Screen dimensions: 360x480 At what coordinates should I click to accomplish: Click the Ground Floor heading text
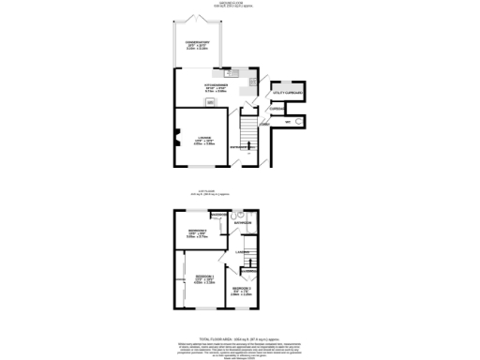pos(239,5)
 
